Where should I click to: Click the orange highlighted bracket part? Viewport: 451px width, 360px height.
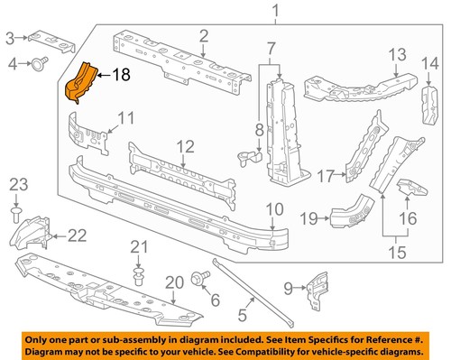[78, 82]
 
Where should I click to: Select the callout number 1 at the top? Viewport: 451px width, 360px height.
[275, 11]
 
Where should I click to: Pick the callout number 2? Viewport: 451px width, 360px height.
[205, 35]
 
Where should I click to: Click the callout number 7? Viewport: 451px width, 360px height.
[271, 47]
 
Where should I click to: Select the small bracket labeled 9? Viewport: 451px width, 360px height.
[315, 290]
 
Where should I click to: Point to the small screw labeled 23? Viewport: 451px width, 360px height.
[18, 213]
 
